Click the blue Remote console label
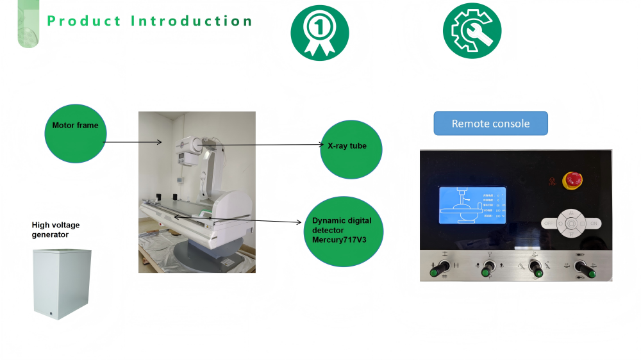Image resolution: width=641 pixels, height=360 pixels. click(490, 124)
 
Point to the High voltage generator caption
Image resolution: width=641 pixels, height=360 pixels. click(56, 230)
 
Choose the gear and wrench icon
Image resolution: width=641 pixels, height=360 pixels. click(472, 31)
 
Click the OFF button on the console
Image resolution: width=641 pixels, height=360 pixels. click(549, 224)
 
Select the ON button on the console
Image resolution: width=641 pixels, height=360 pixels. click(594, 224)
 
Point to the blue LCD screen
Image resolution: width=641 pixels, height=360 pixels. click(471, 205)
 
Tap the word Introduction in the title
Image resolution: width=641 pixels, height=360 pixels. click(192, 20)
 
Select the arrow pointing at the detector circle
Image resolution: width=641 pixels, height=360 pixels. click(237, 220)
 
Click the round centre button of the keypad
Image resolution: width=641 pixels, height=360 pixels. click(570, 224)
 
